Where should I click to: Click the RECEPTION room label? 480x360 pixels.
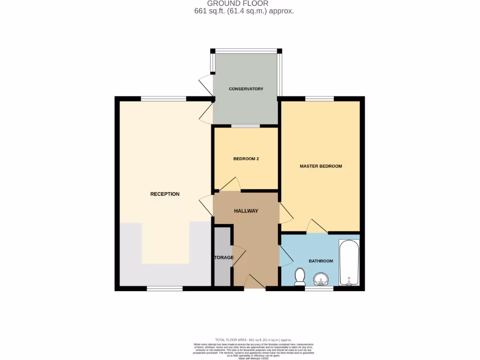tap(165, 194)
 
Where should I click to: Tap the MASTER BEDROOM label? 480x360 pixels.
tap(321, 166)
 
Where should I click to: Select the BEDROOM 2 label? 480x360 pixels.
tap(246, 159)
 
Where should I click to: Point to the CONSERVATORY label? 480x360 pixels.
tap(246, 89)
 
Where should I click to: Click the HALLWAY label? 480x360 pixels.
tap(246, 211)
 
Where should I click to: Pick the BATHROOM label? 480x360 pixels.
tap(321, 261)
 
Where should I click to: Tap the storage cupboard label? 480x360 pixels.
tap(223, 258)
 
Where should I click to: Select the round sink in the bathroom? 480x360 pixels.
tap(322, 279)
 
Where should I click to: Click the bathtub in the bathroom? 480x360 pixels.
tap(349, 263)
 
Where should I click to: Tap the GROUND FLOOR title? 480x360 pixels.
tap(238, 4)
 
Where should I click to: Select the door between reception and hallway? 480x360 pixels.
tap(206, 206)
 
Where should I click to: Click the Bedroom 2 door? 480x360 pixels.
tap(231, 185)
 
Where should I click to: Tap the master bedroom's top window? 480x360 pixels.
tap(319, 98)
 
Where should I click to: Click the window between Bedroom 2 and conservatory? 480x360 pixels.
tap(246, 126)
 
